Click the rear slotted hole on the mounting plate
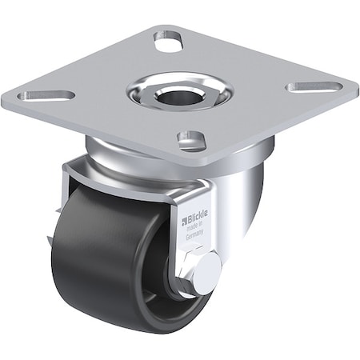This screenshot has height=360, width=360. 168,40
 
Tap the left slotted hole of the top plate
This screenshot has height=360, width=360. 46,95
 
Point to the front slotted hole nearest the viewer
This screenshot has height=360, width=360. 192,141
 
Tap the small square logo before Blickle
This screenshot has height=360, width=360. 184,220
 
